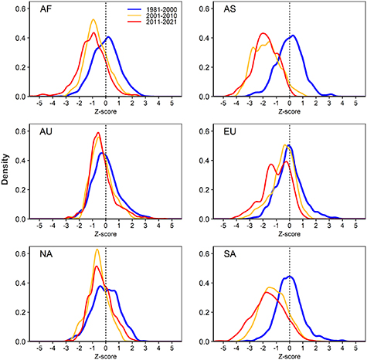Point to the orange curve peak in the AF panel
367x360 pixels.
pyautogui.click(x=93, y=20)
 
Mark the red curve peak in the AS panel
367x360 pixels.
pyautogui.click(x=263, y=33)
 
